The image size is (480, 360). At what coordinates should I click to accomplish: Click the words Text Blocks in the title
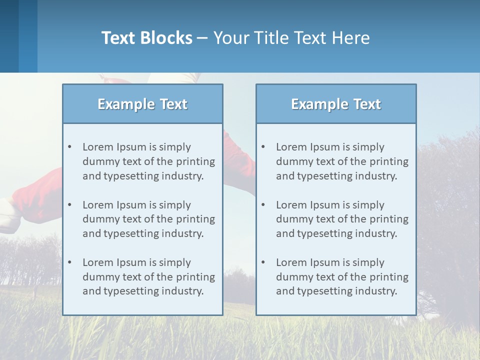[146, 38]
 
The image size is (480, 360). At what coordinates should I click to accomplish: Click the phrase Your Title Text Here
[291, 38]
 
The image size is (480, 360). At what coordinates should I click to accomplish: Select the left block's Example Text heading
[142, 104]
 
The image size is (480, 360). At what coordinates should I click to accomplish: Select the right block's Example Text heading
[336, 104]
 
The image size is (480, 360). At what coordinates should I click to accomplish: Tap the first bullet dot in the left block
[69, 147]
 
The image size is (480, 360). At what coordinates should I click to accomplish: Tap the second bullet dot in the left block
[69, 205]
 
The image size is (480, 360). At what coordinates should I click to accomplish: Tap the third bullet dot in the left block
[69, 262]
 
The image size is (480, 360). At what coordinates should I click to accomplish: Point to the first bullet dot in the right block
[263, 147]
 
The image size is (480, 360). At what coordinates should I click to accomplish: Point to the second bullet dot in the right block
[263, 205]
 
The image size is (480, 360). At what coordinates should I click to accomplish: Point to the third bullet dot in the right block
[263, 262]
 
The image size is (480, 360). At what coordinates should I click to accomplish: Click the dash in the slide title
[202, 38]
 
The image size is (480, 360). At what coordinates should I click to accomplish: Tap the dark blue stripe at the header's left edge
[9, 36]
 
